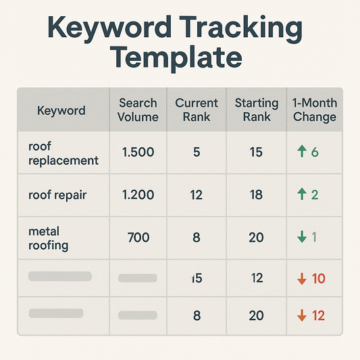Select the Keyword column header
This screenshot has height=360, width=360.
tap(61, 110)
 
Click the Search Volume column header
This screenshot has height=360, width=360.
tap(138, 110)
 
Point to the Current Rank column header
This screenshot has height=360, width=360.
tap(197, 110)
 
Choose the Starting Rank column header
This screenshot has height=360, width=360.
tap(256, 110)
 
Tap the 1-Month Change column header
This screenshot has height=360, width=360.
tap(314, 110)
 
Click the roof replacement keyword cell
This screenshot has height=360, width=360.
tap(63, 153)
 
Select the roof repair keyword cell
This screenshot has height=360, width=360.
tap(59, 195)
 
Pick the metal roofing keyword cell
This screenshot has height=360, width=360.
tap(49, 238)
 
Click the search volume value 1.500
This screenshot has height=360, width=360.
tap(138, 153)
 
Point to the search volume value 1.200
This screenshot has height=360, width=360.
tap(138, 195)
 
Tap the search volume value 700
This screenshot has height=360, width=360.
tap(138, 237)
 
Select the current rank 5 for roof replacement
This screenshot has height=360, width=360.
tap(197, 153)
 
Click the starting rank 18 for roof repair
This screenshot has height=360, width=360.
tap(256, 195)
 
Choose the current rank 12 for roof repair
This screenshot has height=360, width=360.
tap(197, 195)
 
